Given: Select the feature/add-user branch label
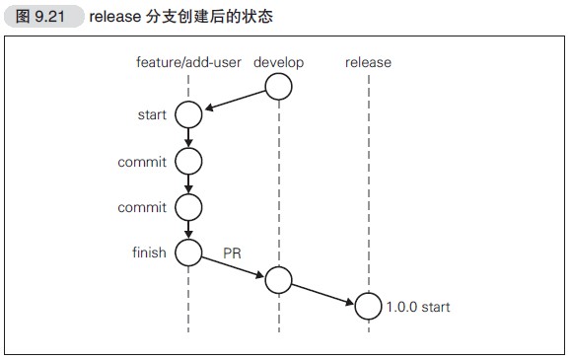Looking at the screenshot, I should (187, 63).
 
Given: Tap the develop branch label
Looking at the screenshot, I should (278, 63).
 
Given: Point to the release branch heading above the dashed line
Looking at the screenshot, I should (368, 63).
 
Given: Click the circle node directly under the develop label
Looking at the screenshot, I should (279, 88).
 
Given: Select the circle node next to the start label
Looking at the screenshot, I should (188, 114).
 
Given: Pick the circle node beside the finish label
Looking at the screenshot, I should (188, 252).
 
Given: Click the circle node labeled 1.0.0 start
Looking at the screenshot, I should (368, 307).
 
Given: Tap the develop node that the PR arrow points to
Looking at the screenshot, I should (279, 280).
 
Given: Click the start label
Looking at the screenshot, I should (152, 114).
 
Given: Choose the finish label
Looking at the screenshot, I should (150, 252).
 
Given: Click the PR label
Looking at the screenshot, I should (232, 254).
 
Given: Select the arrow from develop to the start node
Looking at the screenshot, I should (235, 102).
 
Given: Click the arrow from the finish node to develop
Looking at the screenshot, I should (234, 266).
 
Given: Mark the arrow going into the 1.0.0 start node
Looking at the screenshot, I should (323, 294).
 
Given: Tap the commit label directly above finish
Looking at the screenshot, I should (142, 207).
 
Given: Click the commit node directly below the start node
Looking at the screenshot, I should (188, 161).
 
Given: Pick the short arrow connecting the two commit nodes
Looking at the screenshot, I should (188, 183).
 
